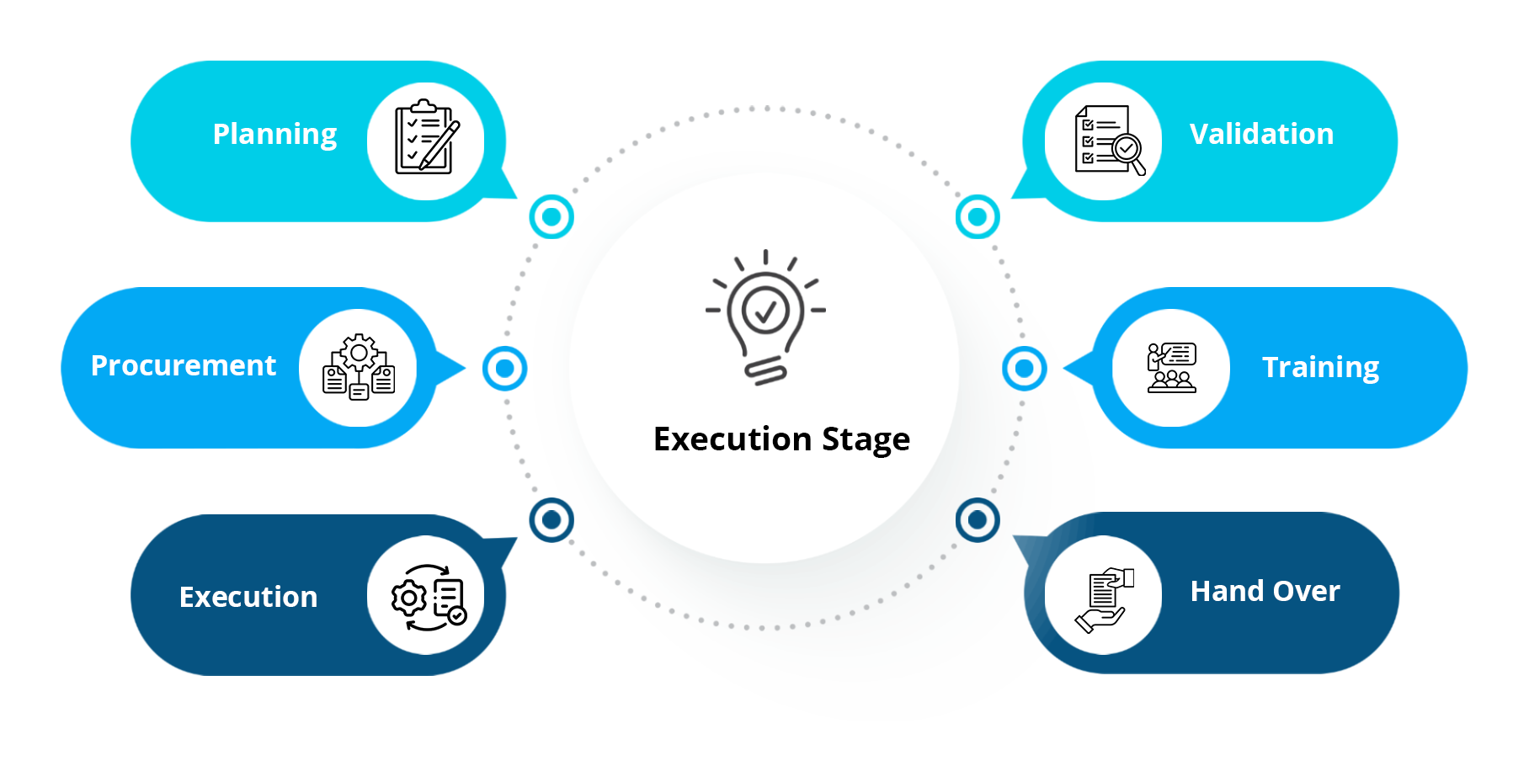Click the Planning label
[x=274, y=135]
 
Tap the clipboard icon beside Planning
[x=426, y=139]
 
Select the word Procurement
[x=184, y=366]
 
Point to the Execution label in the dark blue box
[x=248, y=598]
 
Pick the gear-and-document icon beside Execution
[x=427, y=597]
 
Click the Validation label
[x=1261, y=135]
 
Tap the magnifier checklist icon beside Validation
[x=1108, y=141]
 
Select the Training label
[x=1320, y=368]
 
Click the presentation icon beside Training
[x=1171, y=368]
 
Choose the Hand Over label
[x=1265, y=592]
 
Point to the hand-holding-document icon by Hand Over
[x=1104, y=598]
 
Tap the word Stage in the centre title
[x=866, y=440]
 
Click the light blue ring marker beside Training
[x=1025, y=369]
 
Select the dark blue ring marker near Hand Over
[x=978, y=520]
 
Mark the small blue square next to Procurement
[x=505, y=369]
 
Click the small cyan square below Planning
[x=551, y=216]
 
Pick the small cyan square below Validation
[x=978, y=216]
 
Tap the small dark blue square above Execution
[x=551, y=519]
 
